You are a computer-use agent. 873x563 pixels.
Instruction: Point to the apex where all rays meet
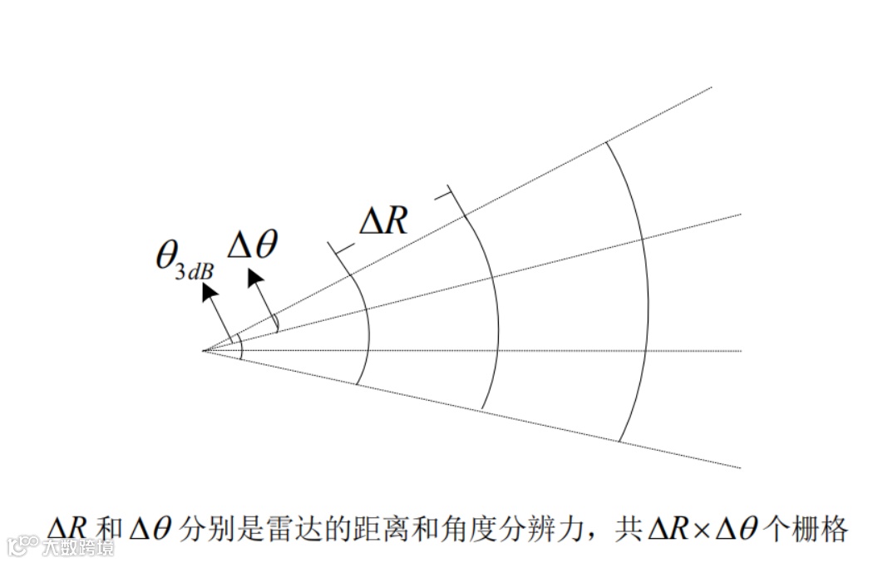click(x=204, y=350)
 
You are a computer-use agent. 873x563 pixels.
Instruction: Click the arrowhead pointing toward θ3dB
click(x=208, y=290)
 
